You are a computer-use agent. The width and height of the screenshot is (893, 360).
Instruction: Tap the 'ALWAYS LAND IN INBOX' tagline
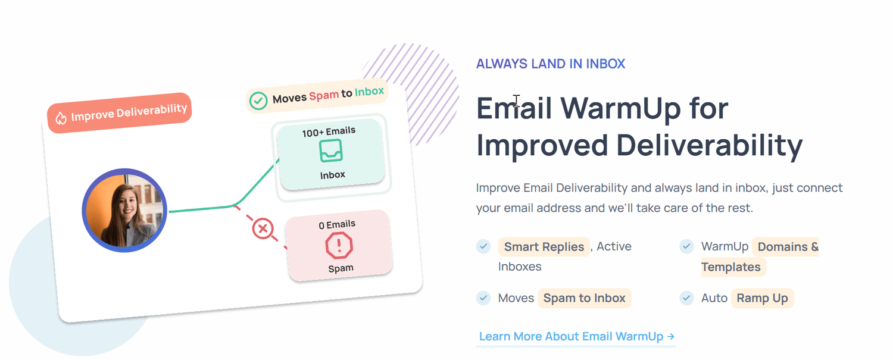coord(551,64)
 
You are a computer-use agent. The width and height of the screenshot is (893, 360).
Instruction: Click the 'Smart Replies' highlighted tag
coord(544,247)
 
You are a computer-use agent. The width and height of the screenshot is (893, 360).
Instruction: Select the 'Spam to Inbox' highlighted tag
coord(584,298)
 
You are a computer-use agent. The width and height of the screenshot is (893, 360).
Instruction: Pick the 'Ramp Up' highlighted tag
coord(762,298)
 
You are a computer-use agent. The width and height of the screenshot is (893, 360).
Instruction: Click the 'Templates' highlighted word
coord(730,267)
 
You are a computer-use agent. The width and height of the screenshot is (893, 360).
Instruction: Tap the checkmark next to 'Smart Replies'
coord(483,246)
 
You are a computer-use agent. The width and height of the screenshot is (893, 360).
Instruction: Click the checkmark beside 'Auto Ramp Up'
coord(686,298)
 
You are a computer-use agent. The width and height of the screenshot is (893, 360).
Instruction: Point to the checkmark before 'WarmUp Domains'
coord(686,246)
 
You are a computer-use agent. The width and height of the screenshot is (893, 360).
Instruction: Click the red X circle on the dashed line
coord(263,229)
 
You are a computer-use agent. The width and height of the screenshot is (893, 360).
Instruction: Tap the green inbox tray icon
coord(330,151)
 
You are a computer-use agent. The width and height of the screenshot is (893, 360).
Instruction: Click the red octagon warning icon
coord(339,246)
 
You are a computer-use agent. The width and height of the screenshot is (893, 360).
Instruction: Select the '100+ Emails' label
coord(329,132)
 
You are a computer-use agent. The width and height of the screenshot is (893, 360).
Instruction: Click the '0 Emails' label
coord(337,225)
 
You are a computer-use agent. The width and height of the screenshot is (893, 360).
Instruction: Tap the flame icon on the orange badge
coord(61,118)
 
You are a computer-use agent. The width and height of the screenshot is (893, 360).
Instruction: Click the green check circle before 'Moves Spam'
coord(258,101)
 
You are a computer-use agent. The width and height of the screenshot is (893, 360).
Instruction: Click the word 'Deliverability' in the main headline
coord(710,146)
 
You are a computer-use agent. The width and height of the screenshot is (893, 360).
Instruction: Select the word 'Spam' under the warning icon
coord(341,268)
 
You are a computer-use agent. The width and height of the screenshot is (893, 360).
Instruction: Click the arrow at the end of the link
coord(670,336)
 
